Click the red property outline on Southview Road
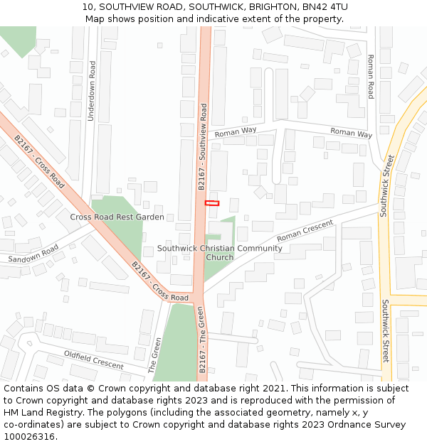click(212, 203)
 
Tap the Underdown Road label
click(92, 90)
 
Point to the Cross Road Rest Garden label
click(117, 217)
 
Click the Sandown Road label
click(33, 254)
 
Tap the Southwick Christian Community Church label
click(219, 252)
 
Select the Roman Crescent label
click(305, 229)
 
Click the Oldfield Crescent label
click(94, 359)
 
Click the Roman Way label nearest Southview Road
click(236, 131)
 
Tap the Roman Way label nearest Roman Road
click(351, 132)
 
